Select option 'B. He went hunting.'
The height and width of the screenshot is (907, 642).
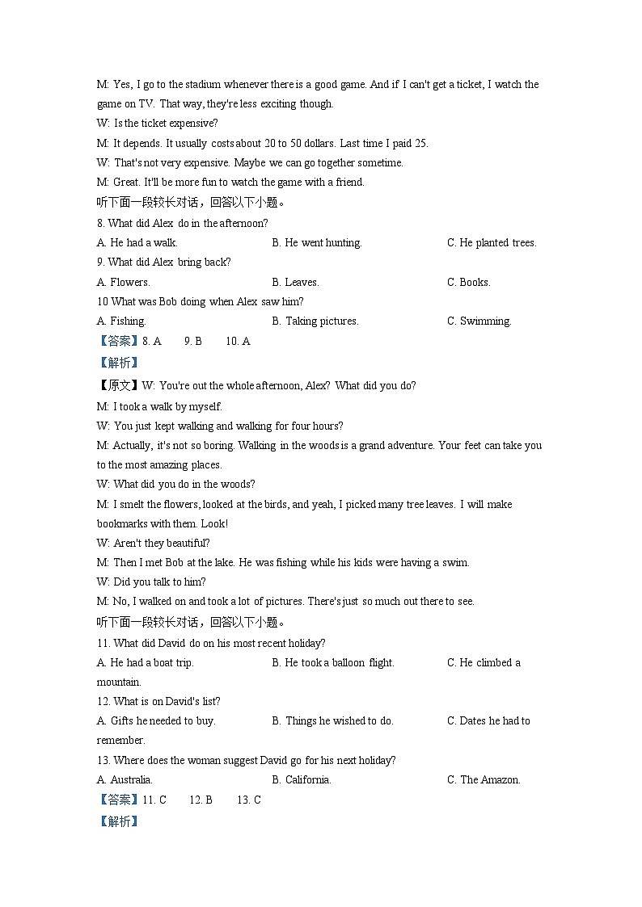[x=317, y=242]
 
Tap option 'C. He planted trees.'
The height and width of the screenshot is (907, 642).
[x=492, y=242]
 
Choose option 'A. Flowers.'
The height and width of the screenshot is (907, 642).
[x=123, y=282]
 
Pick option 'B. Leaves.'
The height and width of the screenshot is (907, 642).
[x=296, y=282]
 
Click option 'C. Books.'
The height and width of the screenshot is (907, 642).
[x=469, y=282]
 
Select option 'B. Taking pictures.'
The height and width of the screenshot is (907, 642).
[x=315, y=321]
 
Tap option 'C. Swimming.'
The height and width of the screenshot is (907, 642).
[x=479, y=321]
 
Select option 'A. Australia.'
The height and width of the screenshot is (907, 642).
[x=125, y=779]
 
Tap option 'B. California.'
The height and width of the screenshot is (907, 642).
[x=302, y=779]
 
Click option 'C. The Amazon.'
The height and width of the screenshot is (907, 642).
[x=484, y=779]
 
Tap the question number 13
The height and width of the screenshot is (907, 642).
[x=103, y=760]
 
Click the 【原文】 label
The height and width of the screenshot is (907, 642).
[x=118, y=385]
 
